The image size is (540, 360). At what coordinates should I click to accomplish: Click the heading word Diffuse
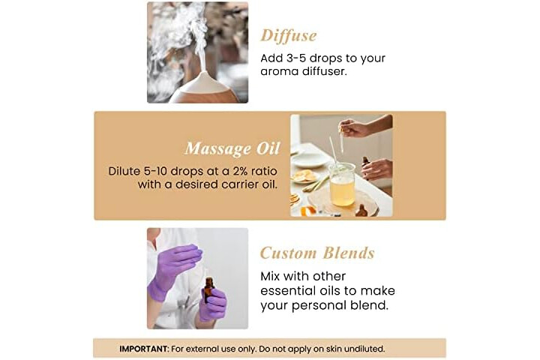[288, 35]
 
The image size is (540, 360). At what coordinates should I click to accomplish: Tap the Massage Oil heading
[232, 148]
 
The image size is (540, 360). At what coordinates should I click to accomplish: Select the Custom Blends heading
[317, 253]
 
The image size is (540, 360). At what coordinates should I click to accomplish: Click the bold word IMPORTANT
[144, 349]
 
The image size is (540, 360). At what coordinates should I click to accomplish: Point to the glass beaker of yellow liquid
[342, 184]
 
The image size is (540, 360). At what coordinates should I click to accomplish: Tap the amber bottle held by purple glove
[208, 290]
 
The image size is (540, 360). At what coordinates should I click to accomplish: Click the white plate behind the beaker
[308, 159]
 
